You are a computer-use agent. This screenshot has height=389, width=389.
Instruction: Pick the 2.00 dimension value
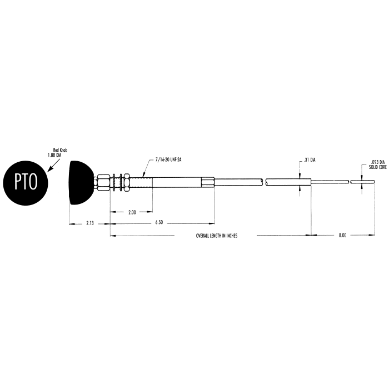131,212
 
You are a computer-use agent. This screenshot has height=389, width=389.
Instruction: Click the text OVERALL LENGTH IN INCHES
216,236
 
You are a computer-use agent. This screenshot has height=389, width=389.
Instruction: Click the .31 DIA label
310,160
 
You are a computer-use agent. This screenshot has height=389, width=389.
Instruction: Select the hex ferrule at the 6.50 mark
208,182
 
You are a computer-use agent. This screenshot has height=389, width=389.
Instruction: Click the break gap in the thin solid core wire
350,182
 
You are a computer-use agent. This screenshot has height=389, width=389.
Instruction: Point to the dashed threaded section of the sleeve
141,182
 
